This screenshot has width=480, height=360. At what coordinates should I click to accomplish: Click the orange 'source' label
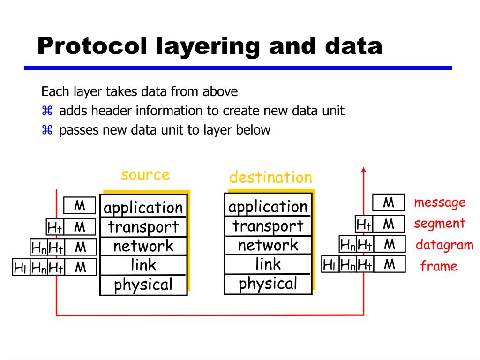pos(145,174)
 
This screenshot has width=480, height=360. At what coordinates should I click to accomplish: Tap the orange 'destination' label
pos(270,177)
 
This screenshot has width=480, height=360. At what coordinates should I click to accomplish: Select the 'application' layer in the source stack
pos(143,207)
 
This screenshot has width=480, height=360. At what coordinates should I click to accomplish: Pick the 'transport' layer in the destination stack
pos(268,226)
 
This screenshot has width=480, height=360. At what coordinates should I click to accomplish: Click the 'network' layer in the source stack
pos(143,246)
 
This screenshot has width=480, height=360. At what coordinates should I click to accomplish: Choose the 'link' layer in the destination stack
pos(268,264)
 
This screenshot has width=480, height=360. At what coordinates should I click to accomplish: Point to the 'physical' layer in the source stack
pos(143,285)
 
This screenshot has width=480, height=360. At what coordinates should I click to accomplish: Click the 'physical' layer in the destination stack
pos(268,284)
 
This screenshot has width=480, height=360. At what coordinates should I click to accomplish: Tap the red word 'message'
pos(440,202)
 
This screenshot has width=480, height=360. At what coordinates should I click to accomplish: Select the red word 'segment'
pos(439,224)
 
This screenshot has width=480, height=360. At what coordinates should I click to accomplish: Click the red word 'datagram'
pos(445,245)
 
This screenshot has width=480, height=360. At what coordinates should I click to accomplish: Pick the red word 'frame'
pos(438,267)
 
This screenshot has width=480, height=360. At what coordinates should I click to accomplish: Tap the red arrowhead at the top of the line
pos(364,169)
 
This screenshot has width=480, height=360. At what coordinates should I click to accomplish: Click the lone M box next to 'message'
pos(388,202)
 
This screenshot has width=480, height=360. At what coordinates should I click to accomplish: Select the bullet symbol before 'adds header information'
pos(46,111)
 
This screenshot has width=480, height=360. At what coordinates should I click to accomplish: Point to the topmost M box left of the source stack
pos(80,205)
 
